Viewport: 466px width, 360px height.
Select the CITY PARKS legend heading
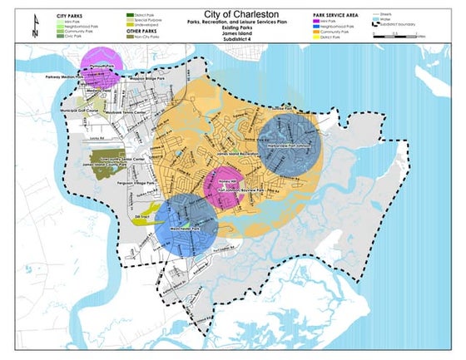pos(72,16)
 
